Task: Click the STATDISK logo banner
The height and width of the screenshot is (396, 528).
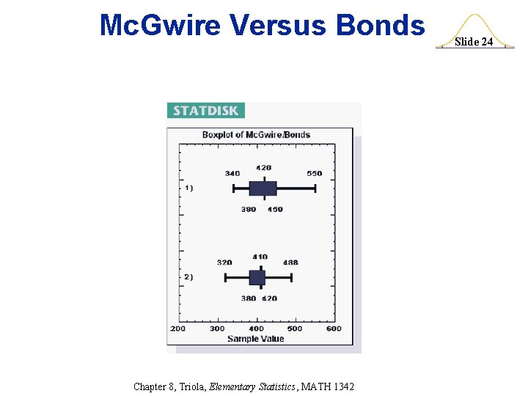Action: click(205, 111)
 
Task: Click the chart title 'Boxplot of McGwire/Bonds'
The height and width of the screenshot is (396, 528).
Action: click(256, 134)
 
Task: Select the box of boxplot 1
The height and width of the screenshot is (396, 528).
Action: click(263, 188)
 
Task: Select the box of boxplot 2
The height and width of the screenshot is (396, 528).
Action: click(257, 277)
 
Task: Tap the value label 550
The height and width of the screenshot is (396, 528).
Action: click(314, 174)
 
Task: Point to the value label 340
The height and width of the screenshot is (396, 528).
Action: click(232, 174)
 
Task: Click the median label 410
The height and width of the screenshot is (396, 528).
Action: click(260, 257)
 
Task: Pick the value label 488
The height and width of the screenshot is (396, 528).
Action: click(290, 263)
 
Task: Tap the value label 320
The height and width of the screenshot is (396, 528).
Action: click(224, 263)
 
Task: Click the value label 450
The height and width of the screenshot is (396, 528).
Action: click(275, 210)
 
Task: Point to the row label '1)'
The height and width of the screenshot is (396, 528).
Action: click(188, 188)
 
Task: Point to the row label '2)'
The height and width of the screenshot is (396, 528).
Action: click(188, 277)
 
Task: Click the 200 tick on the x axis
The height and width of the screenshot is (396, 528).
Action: click(178, 329)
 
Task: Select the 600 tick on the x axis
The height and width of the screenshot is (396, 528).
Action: click(334, 329)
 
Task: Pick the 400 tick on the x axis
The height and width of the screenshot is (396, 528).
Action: click(256, 329)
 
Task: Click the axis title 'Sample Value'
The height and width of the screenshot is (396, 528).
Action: click(255, 339)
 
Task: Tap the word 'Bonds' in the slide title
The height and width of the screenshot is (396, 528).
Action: click(380, 26)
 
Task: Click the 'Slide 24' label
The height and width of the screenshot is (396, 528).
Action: click(474, 42)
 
